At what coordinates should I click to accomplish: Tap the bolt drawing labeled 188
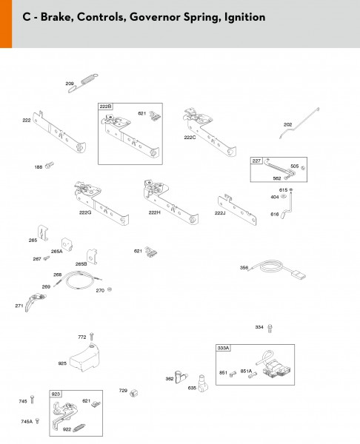coord(50,166)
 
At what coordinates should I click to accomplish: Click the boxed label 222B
coord(106,107)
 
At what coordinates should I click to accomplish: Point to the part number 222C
coord(190,137)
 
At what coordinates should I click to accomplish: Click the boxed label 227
coord(256,161)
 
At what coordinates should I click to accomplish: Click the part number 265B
coord(81,263)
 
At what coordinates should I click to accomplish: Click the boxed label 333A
coord(223,348)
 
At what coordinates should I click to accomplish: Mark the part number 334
coord(259,327)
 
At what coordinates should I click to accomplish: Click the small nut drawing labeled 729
coord(136,392)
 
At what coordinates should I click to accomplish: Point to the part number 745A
coord(26,421)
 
